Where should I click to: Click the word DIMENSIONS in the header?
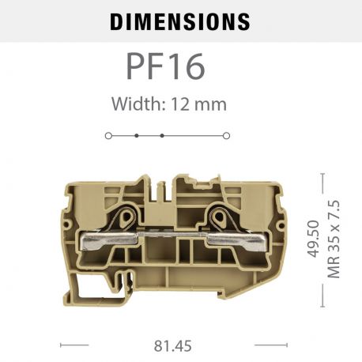pyautogui.click(x=179, y=21)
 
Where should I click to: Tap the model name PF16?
pyautogui.click(x=167, y=66)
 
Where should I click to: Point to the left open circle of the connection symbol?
pyautogui.click(x=108, y=136)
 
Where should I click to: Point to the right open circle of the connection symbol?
pyautogui.click(x=226, y=136)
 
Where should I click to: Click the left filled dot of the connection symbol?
pyautogui.click(x=136, y=136)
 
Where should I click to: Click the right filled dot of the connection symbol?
pyautogui.click(x=162, y=136)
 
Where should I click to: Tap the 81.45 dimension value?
pyautogui.click(x=173, y=345)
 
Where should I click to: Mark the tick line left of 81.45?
pyautogui.click(x=74, y=345)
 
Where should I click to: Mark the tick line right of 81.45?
pyautogui.click(x=270, y=345)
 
